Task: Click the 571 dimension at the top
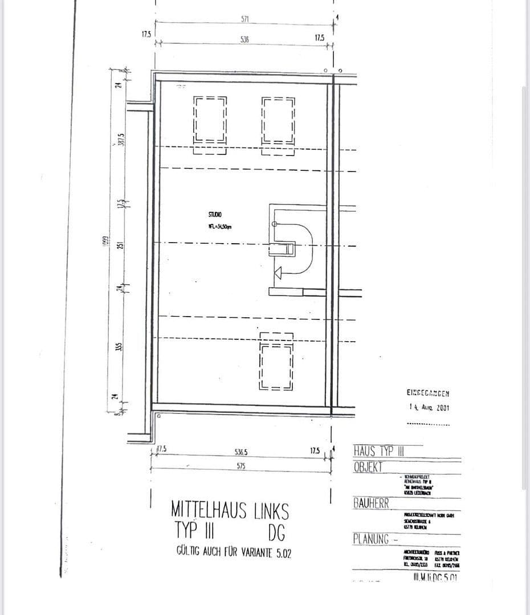tap(244, 19)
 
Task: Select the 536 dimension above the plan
tap(244, 40)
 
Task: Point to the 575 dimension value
tap(241, 465)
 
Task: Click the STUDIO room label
tap(215, 214)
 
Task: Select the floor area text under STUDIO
tap(219, 227)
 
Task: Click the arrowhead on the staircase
tap(278, 274)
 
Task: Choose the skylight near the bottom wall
tap(276, 362)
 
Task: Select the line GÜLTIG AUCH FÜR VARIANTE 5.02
tap(234, 552)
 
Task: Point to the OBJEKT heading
tap(368, 468)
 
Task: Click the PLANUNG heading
tap(371, 539)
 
